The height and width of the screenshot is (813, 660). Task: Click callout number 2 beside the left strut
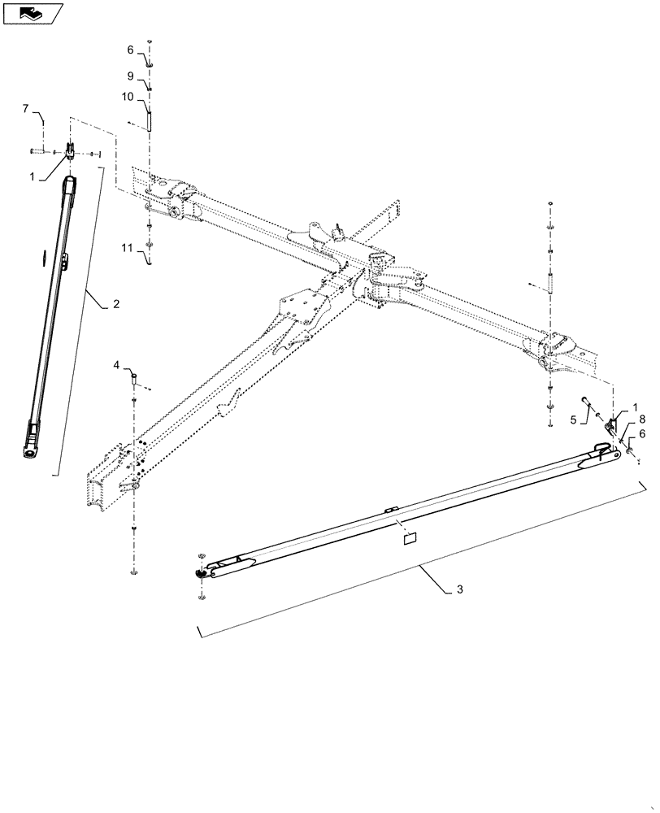point(116,304)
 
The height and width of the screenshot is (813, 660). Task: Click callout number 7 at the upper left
point(25,108)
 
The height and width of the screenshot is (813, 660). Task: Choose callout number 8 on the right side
point(642,420)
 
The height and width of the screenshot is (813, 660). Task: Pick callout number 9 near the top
point(129,76)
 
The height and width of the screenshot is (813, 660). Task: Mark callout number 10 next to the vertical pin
point(128,95)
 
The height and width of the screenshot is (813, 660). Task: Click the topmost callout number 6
point(129,50)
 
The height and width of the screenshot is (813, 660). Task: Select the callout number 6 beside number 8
point(642,435)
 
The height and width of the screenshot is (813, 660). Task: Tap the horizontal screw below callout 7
point(36,151)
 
